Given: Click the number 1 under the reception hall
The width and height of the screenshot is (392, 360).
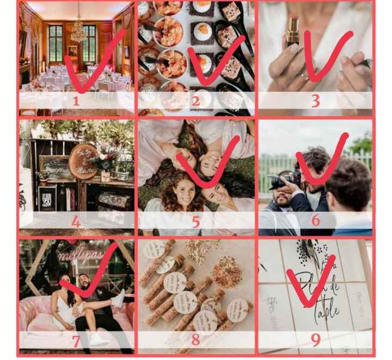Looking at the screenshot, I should tap(76, 101).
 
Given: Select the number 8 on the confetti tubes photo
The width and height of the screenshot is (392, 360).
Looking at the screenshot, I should tap(195, 339).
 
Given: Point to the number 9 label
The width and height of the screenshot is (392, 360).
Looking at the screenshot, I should tap(315, 340).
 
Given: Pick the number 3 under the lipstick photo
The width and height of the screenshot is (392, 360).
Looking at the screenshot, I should tap(315, 101).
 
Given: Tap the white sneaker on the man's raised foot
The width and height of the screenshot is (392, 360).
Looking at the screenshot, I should tap(118, 298).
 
